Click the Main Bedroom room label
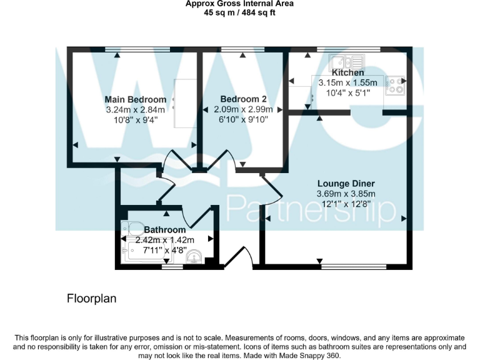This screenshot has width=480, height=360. pyautogui.click(x=135, y=99)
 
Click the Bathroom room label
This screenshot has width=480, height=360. pyautogui.click(x=164, y=230)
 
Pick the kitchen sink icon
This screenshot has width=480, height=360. pyautogui.click(x=347, y=62)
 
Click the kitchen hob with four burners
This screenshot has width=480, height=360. pyautogui.click(x=395, y=86)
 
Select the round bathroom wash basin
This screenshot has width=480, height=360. pyautogui.click(x=195, y=256)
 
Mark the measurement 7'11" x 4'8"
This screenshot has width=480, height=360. pyautogui.click(x=164, y=249)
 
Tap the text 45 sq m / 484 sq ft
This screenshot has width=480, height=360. pyautogui.click(x=240, y=13)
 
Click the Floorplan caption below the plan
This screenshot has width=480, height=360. pyautogui.click(x=91, y=299)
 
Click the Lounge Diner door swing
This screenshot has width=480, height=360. pyautogui.click(x=270, y=191)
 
